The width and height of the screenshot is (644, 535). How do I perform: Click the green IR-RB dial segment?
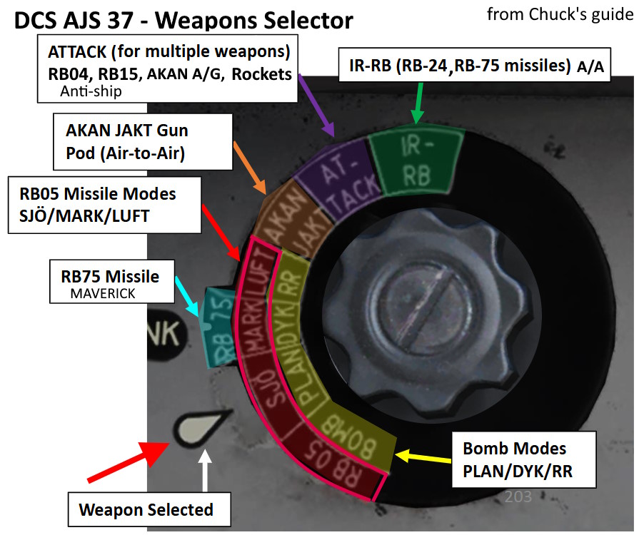pos(414,163)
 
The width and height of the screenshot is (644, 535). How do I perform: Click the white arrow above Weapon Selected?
pos(206,471)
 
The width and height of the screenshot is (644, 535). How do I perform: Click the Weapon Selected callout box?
pos(146,509)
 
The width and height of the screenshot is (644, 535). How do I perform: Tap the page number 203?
pos(518,496)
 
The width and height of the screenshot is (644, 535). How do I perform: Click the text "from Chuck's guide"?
pos(560,14)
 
